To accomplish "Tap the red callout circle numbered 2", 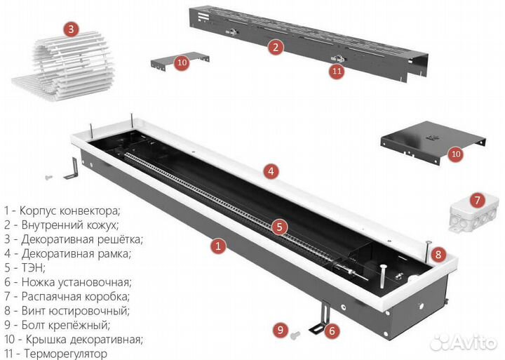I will [276, 48].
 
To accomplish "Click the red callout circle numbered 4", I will [271, 171].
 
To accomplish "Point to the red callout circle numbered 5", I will [279, 227].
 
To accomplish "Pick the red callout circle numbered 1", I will [218, 246].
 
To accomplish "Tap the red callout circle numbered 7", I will [476, 201].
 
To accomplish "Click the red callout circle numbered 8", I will [438, 254].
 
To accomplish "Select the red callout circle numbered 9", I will [280, 329].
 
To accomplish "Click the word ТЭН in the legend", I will [34, 267].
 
